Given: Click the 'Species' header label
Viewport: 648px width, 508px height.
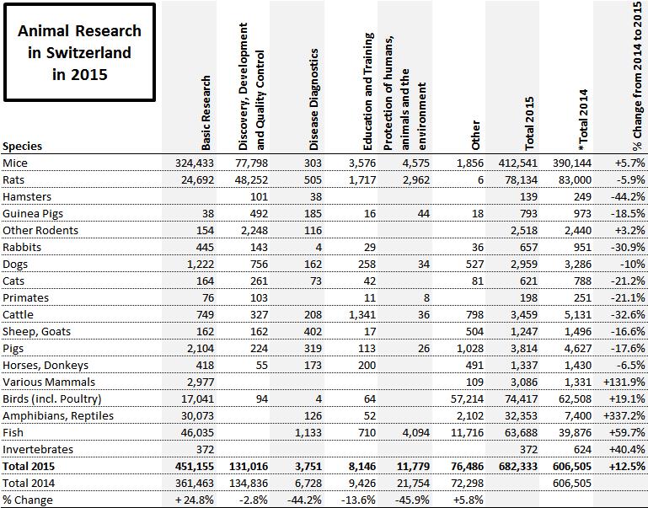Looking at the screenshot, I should [x=23, y=146].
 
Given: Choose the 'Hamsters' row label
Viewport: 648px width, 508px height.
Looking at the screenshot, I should [x=29, y=195].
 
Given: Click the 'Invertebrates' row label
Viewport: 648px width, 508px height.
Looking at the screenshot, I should [x=36, y=450].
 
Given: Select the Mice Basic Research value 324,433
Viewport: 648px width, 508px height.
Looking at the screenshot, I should [x=191, y=162].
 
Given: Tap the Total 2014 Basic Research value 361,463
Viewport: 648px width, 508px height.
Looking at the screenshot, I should [x=191, y=484].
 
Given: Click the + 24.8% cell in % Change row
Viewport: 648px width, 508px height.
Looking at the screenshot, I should [x=191, y=500].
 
